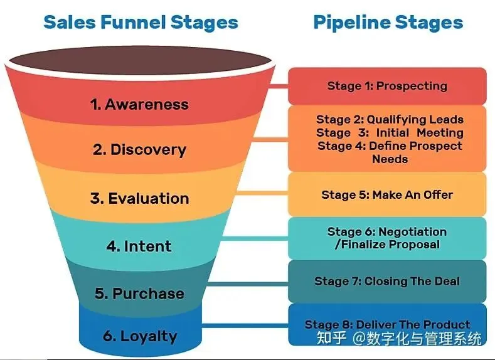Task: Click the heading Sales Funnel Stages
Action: click(x=141, y=23)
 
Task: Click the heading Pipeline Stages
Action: click(x=388, y=23)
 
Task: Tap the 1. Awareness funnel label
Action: click(x=139, y=104)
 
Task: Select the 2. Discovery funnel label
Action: click(x=139, y=150)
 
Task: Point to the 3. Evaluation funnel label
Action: click(x=139, y=199)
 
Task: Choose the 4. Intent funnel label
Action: click(x=139, y=246)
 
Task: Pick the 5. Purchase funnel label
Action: click(x=139, y=294)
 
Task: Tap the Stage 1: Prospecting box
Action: click(x=387, y=86)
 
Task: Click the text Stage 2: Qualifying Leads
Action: click(x=390, y=119)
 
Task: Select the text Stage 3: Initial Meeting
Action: click(x=390, y=132)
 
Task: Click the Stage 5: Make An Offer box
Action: click(x=387, y=194)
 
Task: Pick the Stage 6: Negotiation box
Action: click(x=387, y=238)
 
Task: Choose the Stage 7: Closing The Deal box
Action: click(x=387, y=281)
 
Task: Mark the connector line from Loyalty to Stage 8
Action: click(x=245, y=325)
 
